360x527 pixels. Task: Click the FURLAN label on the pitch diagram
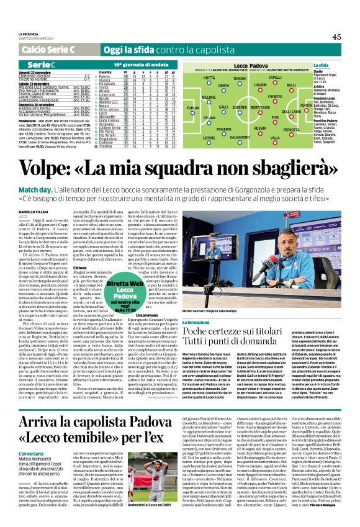(193, 107)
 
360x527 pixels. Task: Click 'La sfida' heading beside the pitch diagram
(321, 65)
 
